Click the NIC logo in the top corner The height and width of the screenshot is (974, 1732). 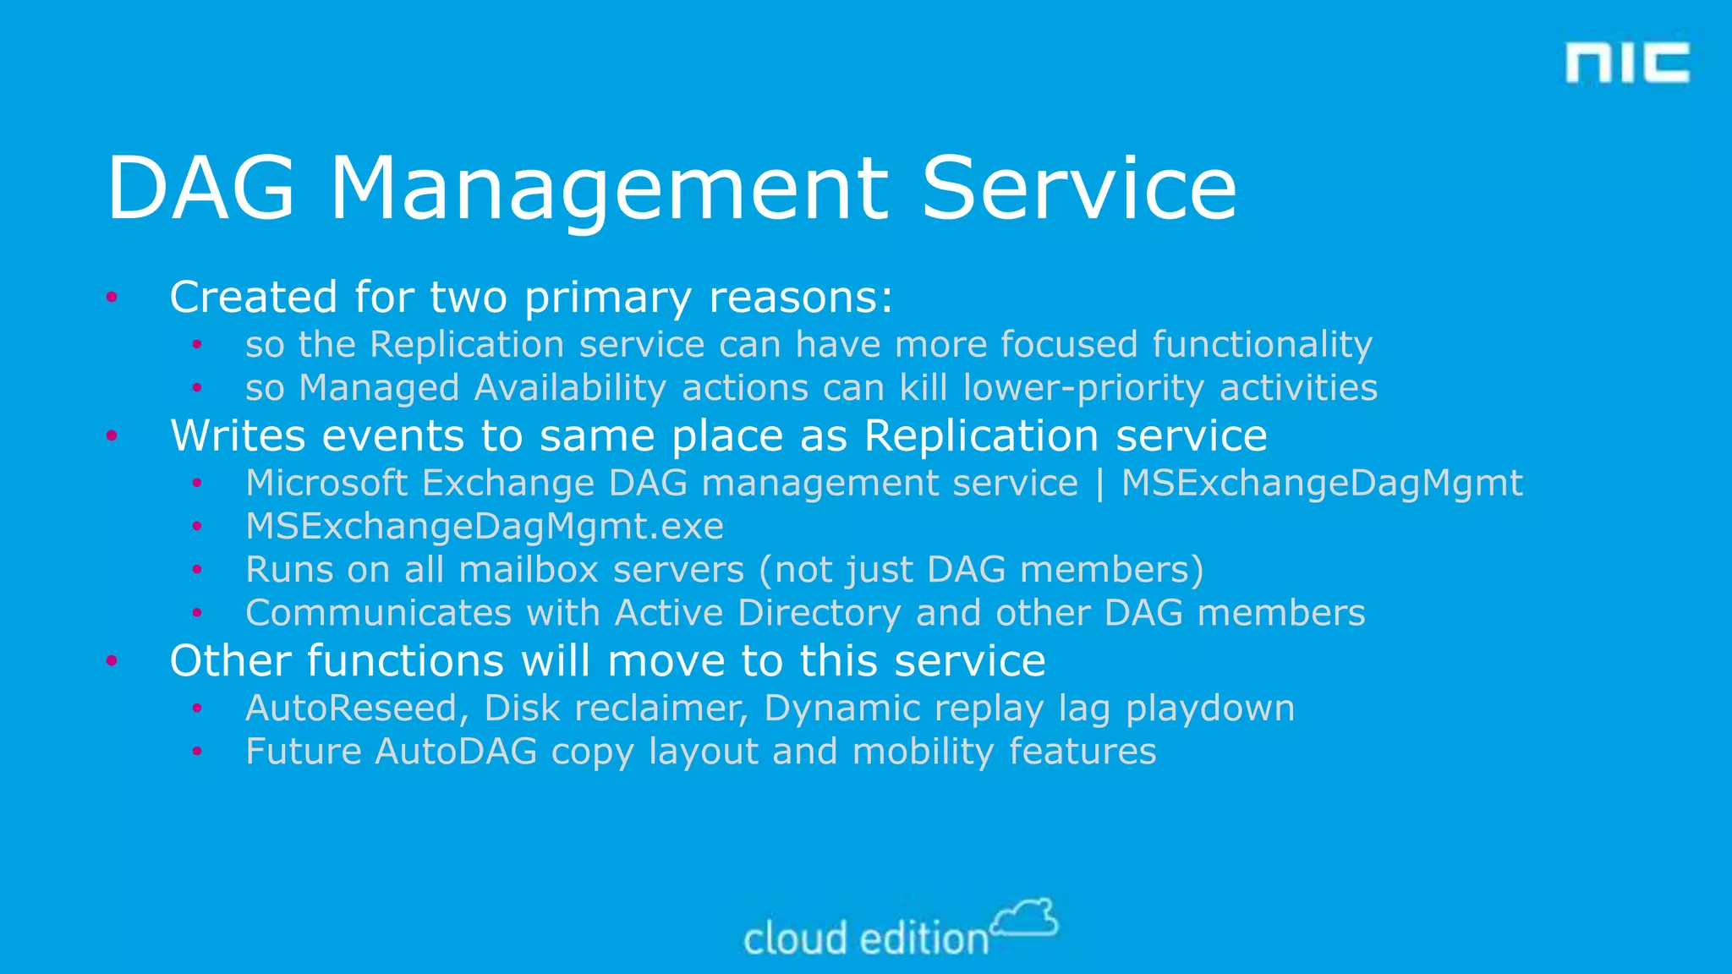pyautogui.click(x=1627, y=63)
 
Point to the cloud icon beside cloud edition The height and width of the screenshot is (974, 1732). pyautogui.click(x=1025, y=918)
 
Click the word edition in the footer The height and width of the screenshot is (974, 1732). pyautogui.click(x=924, y=939)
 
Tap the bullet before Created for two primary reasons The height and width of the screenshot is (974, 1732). pyautogui.click(x=112, y=297)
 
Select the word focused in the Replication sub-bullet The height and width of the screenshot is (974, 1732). pyautogui.click(x=1069, y=344)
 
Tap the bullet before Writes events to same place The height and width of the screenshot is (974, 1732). pyautogui.click(x=112, y=436)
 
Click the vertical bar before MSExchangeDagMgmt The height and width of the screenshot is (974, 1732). pyautogui.click(x=1099, y=484)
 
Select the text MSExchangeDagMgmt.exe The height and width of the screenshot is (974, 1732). pyautogui.click(x=485, y=527)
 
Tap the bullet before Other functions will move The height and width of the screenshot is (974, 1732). pyautogui.click(x=112, y=660)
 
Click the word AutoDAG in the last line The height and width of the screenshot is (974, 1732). pyautogui.click(x=456, y=752)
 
